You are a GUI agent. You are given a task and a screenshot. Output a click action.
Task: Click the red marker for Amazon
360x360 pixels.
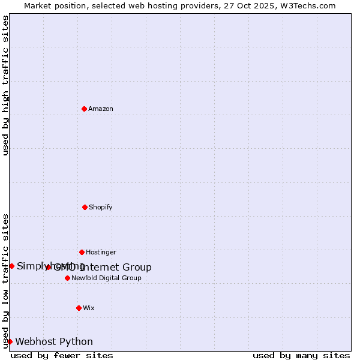(84, 109)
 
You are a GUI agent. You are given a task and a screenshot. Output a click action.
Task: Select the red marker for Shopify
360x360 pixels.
(85, 207)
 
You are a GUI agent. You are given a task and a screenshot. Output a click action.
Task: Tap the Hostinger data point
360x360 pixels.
(82, 252)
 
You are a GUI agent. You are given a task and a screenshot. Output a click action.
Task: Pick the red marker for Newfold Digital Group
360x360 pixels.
(67, 278)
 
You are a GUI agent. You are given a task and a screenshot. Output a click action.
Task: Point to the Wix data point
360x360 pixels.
(79, 308)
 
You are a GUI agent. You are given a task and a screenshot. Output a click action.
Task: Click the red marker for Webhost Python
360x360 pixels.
(10, 341)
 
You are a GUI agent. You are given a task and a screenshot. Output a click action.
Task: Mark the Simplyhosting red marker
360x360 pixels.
(11, 266)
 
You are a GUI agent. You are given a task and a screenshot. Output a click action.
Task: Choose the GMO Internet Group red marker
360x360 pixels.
(49, 268)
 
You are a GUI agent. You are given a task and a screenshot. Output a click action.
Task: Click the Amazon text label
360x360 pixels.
(101, 109)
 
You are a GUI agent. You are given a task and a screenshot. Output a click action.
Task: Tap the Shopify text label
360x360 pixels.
(101, 207)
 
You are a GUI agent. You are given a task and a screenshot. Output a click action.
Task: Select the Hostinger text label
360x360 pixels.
(101, 252)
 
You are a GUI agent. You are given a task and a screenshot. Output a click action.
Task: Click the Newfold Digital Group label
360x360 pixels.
(106, 278)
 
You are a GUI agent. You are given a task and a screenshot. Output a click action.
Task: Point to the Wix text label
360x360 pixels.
(89, 308)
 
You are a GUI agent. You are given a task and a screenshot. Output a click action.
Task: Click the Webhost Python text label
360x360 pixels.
(54, 341)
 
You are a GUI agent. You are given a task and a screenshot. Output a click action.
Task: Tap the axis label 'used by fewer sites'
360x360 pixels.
(62, 355)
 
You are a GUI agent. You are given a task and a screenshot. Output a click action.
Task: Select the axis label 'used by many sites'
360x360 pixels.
(301, 355)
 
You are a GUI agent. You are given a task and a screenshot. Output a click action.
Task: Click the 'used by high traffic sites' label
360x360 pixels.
(5, 85)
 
